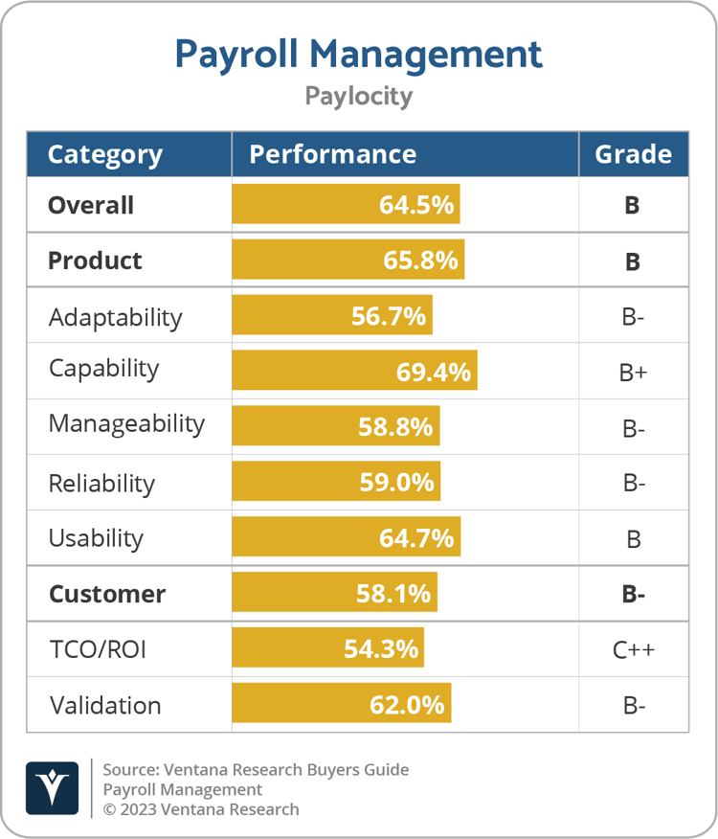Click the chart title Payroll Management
pos(358,54)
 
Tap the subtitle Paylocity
pos(358,96)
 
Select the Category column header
pos(105,154)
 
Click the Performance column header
pos(332,154)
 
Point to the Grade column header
pos(633,154)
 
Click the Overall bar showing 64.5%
pos(346,205)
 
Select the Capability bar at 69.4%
pos(354,371)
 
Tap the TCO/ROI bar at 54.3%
pos(327,648)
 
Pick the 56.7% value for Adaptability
pos(388,316)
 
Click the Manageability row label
pos(126,424)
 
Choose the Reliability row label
pos(101,483)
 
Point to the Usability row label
pos(96,538)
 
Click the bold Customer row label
pos(106,594)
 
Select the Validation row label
pos(104,706)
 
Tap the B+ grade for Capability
pos(633,373)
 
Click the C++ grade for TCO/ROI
pos(633,650)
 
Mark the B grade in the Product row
pos(633,261)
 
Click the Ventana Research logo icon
pos(52,788)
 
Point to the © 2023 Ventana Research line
pos(200,809)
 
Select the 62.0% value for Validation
pos(407,706)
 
